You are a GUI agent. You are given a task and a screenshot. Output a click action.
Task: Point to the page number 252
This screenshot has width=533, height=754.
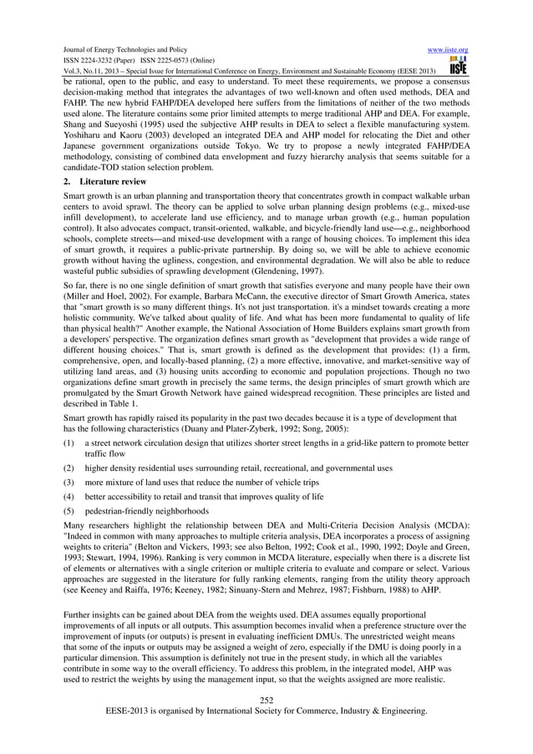[266, 699]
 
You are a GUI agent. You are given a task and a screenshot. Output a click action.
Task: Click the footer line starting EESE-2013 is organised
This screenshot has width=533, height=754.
[266, 711]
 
